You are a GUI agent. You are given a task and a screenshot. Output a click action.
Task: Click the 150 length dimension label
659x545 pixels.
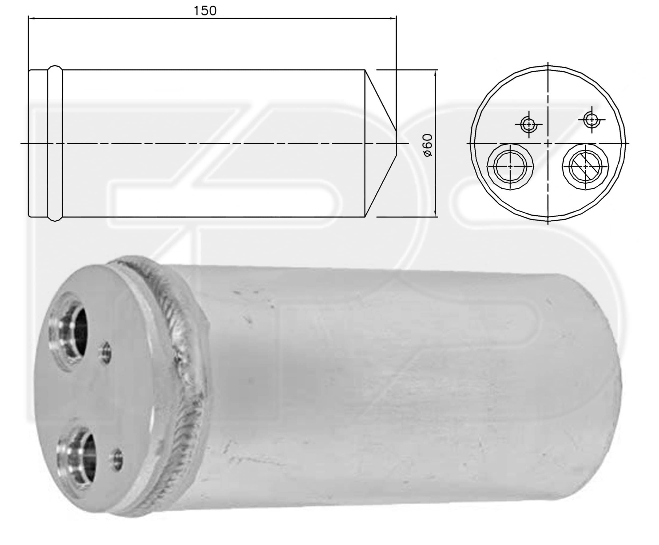pos(205,11)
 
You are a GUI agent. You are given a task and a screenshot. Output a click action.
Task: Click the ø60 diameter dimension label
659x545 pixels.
pos(428,145)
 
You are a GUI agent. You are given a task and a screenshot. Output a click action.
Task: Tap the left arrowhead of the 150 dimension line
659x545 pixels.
pos(31,18)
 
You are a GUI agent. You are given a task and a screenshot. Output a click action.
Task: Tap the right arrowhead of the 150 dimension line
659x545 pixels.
pos(393,18)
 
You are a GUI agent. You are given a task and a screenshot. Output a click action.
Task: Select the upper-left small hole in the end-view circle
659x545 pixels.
pos(529,125)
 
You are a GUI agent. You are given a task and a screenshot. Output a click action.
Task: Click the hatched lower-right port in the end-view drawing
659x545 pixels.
pos(586,166)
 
